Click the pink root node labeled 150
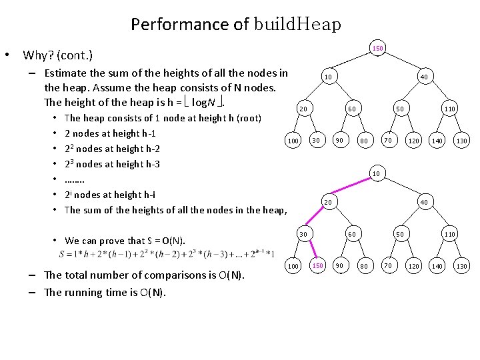click(377, 49)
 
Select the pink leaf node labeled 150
click(318, 266)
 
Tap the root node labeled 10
click(377, 174)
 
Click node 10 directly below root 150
click(329, 77)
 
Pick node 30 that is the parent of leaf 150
click(303, 234)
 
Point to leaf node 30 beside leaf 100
click(318, 140)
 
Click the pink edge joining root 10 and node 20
click(353, 187)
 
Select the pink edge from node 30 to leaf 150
click(311, 250)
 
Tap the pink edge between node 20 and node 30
click(315, 218)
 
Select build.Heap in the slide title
click(297, 25)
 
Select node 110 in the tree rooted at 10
click(450, 234)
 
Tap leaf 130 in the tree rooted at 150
click(461, 140)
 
